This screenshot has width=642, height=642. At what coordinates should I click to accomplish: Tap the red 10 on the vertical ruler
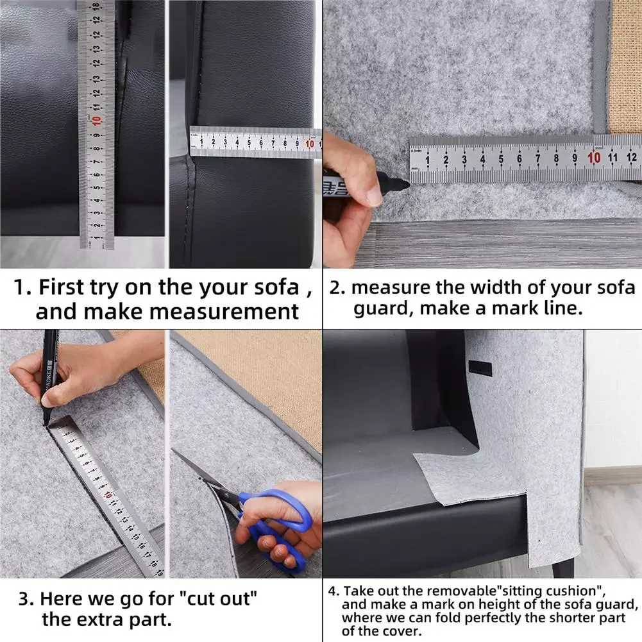click(x=96, y=121)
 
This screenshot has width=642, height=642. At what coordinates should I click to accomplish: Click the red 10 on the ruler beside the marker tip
click(x=594, y=158)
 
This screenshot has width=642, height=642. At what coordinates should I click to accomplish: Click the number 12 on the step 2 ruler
click(x=631, y=157)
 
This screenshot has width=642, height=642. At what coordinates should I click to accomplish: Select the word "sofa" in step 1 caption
click(x=277, y=287)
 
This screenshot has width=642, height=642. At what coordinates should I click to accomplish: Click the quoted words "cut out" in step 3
click(x=222, y=598)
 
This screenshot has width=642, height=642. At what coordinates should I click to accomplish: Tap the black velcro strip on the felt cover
click(x=480, y=369)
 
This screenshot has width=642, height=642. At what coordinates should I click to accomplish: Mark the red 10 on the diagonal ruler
click(x=108, y=494)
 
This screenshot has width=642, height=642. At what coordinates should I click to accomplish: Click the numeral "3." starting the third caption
click(x=26, y=599)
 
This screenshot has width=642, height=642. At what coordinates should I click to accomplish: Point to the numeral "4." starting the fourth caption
click(x=334, y=591)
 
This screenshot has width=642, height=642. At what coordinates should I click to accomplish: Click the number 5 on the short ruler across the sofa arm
click(x=249, y=142)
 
